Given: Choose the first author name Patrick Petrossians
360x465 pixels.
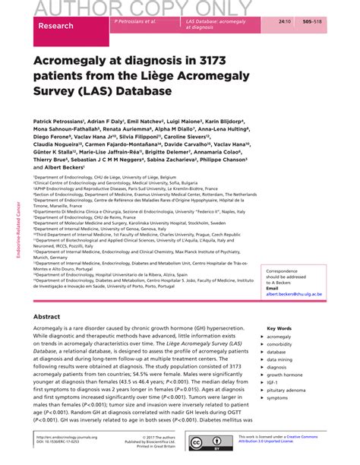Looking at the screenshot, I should pyautogui.click(x=62, y=121).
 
